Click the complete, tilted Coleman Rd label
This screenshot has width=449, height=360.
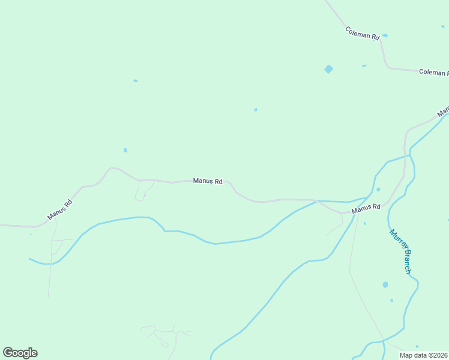pyautogui.click(x=363, y=33)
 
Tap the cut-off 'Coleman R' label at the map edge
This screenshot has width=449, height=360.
pyautogui.click(x=433, y=73)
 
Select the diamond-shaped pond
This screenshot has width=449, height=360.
pyautogui.click(x=328, y=69)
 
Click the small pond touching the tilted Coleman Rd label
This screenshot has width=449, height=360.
pyautogui.click(x=385, y=35)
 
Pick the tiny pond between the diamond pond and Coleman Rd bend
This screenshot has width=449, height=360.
pyautogui.click(x=364, y=65)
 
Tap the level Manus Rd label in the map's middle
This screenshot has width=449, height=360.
pyautogui.click(x=208, y=181)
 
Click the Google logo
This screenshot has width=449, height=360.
pyautogui.click(x=20, y=353)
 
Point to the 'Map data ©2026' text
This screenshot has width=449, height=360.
pyautogui.click(x=424, y=355)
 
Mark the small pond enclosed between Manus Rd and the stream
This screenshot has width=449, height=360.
pyautogui.click(x=378, y=190)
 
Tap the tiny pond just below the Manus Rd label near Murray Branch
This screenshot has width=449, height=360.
pyautogui.click(x=365, y=224)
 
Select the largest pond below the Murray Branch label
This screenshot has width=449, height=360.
pyautogui.click(x=385, y=284)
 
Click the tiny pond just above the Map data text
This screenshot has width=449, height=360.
pyautogui.click(x=417, y=346)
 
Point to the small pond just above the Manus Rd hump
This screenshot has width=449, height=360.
pyautogui.click(x=125, y=150)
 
